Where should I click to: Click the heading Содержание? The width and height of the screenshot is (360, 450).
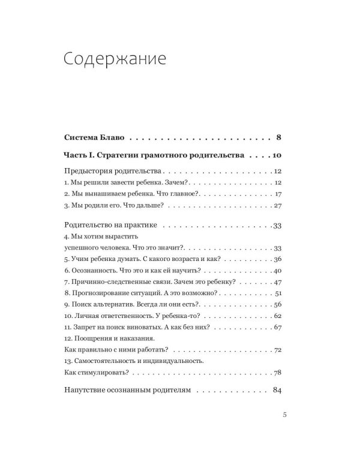pos(113,61)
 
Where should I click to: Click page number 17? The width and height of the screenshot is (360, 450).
pos(277,194)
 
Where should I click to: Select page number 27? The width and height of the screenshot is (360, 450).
pos(277,206)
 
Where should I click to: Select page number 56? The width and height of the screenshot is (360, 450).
pos(277,304)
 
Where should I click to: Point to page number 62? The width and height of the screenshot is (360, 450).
pos(277,316)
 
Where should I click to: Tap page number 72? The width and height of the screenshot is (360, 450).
pos(277,350)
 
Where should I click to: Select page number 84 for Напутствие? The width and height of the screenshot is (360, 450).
pos(277,390)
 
